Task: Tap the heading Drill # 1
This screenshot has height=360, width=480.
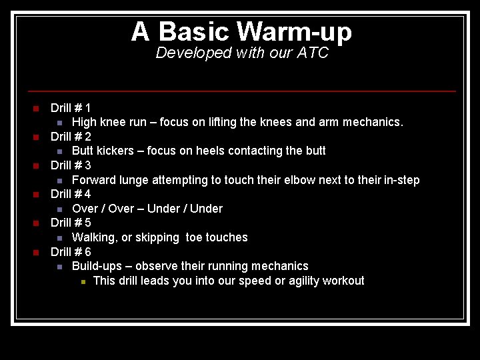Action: tap(71, 108)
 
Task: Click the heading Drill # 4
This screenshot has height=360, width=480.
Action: tap(71, 195)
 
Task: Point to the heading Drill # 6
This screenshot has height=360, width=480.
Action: tap(71, 252)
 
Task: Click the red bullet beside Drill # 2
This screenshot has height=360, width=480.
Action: tap(37, 137)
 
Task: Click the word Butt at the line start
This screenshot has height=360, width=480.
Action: tap(83, 151)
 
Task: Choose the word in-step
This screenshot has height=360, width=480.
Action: tap(401, 180)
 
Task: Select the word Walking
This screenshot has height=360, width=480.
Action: tap(93, 237)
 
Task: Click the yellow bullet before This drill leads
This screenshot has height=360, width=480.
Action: tap(83, 281)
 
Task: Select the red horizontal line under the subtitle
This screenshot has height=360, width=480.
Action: tap(242, 91)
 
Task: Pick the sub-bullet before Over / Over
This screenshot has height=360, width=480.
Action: tap(59, 209)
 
